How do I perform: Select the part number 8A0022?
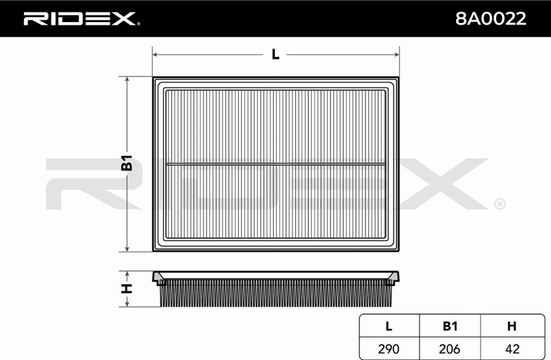point(490,18)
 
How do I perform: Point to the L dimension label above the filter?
point(275,54)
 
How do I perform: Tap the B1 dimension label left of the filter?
point(127,163)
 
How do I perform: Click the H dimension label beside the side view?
point(127,288)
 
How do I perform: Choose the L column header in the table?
point(389,326)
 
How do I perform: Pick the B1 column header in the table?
point(450,326)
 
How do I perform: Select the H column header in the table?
point(512,326)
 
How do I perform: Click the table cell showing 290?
point(389,349)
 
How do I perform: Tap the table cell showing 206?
point(450,349)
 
